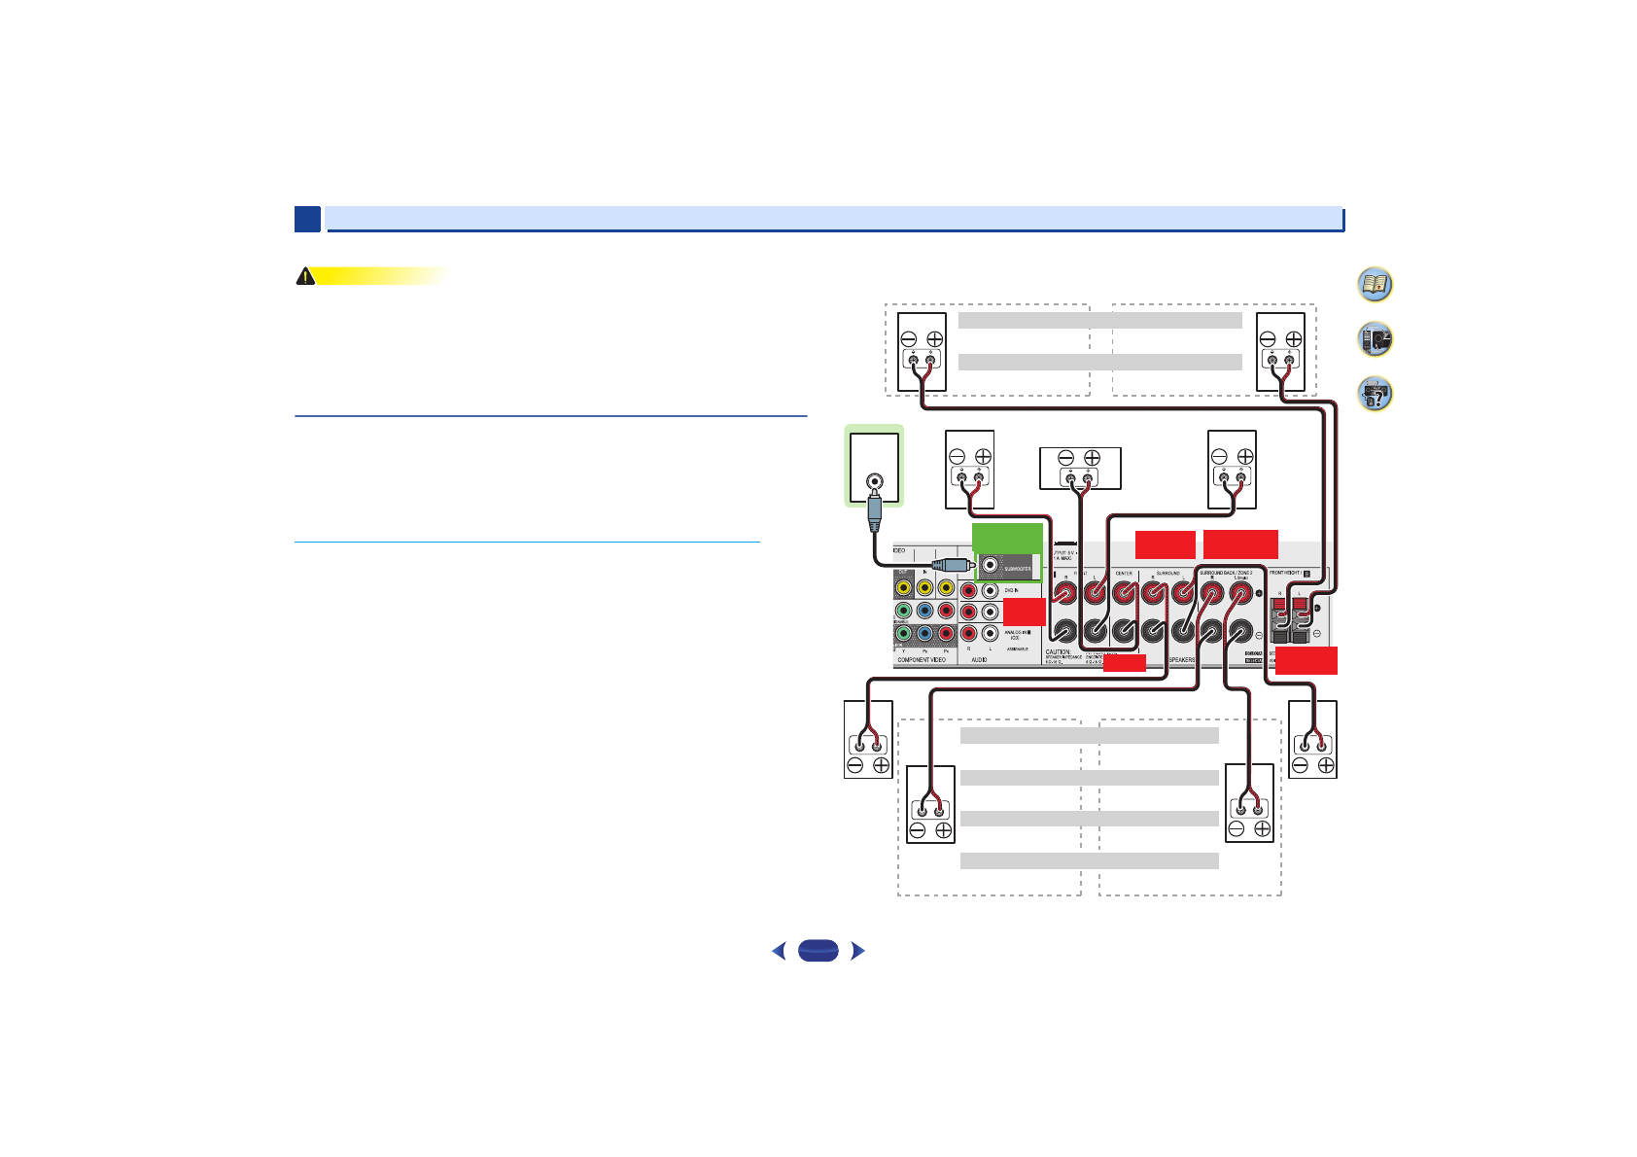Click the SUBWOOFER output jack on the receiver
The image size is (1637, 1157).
(x=991, y=565)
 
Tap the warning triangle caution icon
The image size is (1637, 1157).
(x=305, y=276)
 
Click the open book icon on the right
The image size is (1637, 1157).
(x=1375, y=284)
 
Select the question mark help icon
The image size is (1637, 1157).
(x=1375, y=394)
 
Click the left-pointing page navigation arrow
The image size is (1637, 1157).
(x=778, y=951)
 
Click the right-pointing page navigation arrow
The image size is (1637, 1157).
(x=857, y=951)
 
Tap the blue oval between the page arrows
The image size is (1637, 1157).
(x=818, y=951)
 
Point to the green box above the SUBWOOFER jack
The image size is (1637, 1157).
(x=1007, y=536)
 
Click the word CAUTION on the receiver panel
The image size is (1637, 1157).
(x=1058, y=651)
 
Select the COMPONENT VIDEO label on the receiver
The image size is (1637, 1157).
(x=921, y=660)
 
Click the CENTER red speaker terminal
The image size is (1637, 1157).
(x=1124, y=590)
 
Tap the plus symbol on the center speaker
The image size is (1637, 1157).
(x=1092, y=458)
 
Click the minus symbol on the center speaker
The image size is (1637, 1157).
(x=1065, y=458)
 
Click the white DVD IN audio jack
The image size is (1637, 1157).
(x=991, y=590)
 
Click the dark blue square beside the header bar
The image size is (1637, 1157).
(x=307, y=220)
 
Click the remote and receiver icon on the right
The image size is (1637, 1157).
(x=1375, y=339)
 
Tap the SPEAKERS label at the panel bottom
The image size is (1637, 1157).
(x=1181, y=660)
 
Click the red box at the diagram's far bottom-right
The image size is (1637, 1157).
(x=1306, y=660)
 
